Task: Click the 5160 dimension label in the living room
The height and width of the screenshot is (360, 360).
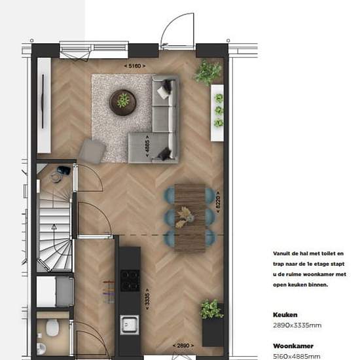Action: pos(134,67)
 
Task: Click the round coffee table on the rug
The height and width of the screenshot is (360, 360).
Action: pos(122,100)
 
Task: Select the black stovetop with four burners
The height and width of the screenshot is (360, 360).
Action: pos(130,280)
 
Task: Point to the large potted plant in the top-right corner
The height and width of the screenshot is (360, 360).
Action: pos(207,71)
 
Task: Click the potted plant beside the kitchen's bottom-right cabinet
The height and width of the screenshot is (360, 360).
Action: pos(211,309)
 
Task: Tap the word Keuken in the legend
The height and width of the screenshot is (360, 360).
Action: pos(287,314)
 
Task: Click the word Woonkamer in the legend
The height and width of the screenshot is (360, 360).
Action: pos(294,346)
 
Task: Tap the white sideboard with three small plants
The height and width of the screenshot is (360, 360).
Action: pos(217,112)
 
